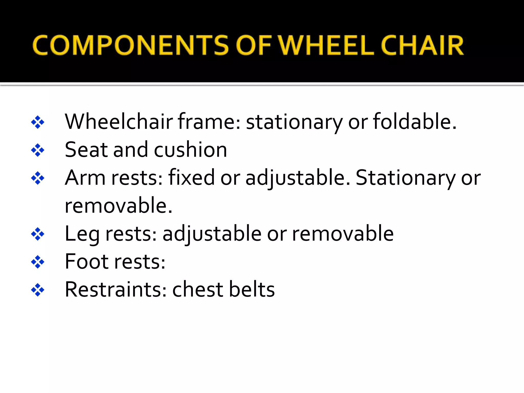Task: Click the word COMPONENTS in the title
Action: click(130, 45)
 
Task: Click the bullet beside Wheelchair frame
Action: click(38, 122)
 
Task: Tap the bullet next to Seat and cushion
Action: click(38, 150)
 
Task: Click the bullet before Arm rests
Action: click(38, 178)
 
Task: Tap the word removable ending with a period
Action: click(118, 205)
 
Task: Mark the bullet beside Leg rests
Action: click(38, 234)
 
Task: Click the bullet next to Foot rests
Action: click(38, 262)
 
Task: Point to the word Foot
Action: click(87, 261)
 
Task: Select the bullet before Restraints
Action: click(38, 290)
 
